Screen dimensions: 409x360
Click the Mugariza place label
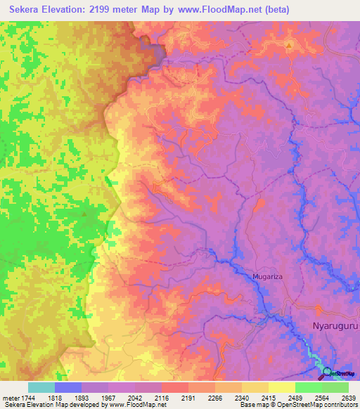pyautogui.click(x=267, y=278)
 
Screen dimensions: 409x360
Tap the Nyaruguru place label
pyautogui.click(x=335, y=326)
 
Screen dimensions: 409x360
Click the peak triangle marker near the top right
pyautogui.click(x=289, y=46)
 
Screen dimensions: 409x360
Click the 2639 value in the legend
pyautogui.click(x=348, y=397)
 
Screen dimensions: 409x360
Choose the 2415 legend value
pyautogui.click(x=269, y=397)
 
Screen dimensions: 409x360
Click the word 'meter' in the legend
pyautogui.click(x=10, y=397)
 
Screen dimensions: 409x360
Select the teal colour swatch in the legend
pyautogui.click(x=41, y=387)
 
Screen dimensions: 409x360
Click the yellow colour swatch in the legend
pyautogui.click(x=282, y=387)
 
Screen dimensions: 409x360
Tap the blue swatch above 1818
pyautogui.click(x=68, y=387)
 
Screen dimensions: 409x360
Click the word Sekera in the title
pyautogui.click(x=27, y=11)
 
